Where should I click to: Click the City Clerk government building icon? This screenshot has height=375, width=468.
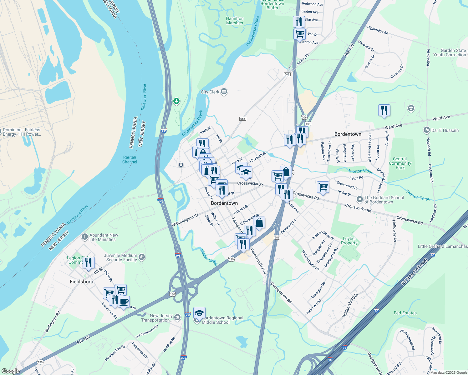[224, 92]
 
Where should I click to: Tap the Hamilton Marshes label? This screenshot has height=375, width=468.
[235, 21]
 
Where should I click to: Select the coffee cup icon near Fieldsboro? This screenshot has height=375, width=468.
[124, 302]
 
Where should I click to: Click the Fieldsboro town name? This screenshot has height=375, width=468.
[81, 282]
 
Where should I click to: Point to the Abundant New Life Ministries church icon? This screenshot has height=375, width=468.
[84, 237]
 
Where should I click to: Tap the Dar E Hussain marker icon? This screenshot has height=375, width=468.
[426, 130]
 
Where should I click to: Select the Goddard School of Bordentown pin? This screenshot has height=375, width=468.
[359, 199]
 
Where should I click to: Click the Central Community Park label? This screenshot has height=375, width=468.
[400, 163]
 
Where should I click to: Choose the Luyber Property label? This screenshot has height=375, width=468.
[349, 241]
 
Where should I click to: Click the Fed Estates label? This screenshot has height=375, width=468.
[405, 313]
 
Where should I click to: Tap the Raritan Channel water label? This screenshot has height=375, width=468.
[130, 159]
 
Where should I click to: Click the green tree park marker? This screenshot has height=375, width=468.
[176, 101]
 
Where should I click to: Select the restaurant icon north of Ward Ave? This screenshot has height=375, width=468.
[384, 110]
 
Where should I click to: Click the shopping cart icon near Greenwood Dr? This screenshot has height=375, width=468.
[323, 187]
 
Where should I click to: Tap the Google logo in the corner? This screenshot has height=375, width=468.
[11, 371]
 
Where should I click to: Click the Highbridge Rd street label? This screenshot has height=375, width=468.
[378, 30]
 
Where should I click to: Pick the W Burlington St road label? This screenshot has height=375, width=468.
[185, 220]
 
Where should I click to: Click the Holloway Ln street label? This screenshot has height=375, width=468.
[394, 231]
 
